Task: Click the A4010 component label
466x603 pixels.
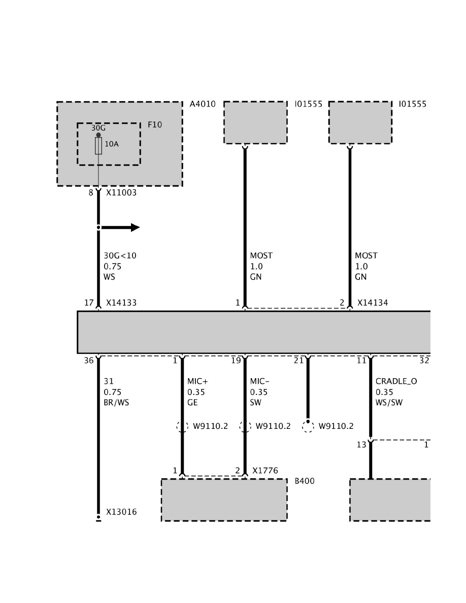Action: point(203,104)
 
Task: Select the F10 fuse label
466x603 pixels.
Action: point(155,124)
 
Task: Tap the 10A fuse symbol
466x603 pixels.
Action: point(98,146)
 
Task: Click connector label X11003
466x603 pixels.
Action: point(121,193)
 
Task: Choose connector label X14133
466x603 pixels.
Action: point(121,303)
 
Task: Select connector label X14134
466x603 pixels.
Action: point(373,303)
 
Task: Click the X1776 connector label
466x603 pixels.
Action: point(265,471)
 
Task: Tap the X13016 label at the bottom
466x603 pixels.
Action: point(121,512)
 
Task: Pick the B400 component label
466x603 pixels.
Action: point(305,481)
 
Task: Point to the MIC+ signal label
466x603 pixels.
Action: point(197,381)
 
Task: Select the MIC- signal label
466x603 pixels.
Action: point(260,381)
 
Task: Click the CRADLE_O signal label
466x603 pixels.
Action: point(396,381)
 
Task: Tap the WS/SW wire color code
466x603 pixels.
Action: point(387,403)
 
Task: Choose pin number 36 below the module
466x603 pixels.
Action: point(89,361)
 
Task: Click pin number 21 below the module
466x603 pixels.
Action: point(298,361)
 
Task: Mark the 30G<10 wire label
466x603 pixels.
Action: point(120,256)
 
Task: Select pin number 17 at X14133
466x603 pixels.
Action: point(89,303)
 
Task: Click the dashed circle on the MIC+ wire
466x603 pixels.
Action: point(182,426)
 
